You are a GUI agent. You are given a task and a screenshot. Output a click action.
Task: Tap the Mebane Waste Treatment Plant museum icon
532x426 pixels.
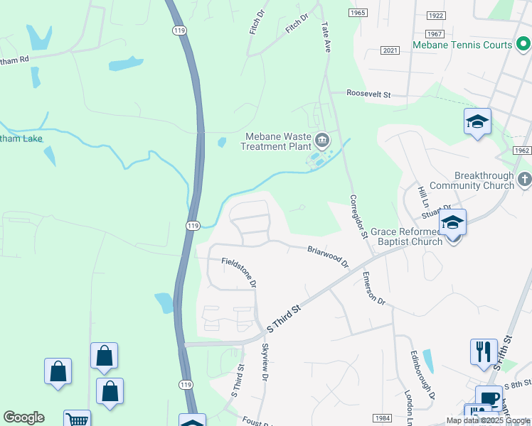pyautogui.click(x=322, y=140)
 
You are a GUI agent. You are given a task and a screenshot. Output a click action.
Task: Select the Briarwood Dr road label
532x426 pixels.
pyautogui.click(x=328, y=256)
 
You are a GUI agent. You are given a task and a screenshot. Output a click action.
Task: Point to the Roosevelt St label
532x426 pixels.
pyautogui.click(x=369, y=94)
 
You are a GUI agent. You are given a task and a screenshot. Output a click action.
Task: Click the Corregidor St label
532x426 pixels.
pyautogui.click(x=358, y=216)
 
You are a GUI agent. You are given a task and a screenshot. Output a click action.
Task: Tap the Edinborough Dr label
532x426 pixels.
pyautogui.click(x=422, y=373)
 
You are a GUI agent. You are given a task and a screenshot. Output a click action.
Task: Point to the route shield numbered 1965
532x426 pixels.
pyautogui.click(x=358, y=13)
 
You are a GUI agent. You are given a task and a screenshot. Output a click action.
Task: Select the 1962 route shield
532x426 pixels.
pyautogui.click(x=521, y=151)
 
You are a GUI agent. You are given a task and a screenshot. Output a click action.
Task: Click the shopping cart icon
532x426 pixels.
pyautogui.click(x=77, y=420)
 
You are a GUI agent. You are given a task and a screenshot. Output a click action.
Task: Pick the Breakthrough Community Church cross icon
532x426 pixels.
pyautogui.click(x=525, y=179)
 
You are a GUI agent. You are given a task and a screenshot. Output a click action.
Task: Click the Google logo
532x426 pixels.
pyautogui.click(x=23, y=417)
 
